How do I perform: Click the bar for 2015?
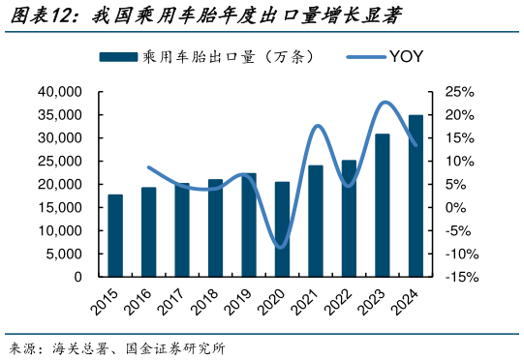pos(115,235)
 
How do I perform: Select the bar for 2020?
pos(282,229)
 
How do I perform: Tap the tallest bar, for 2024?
pos(416,195)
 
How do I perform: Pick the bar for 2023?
pos(383,205)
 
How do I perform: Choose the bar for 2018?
pos(215,227)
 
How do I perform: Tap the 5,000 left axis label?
pos(64,254)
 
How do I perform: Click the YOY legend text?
pos(407,58)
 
